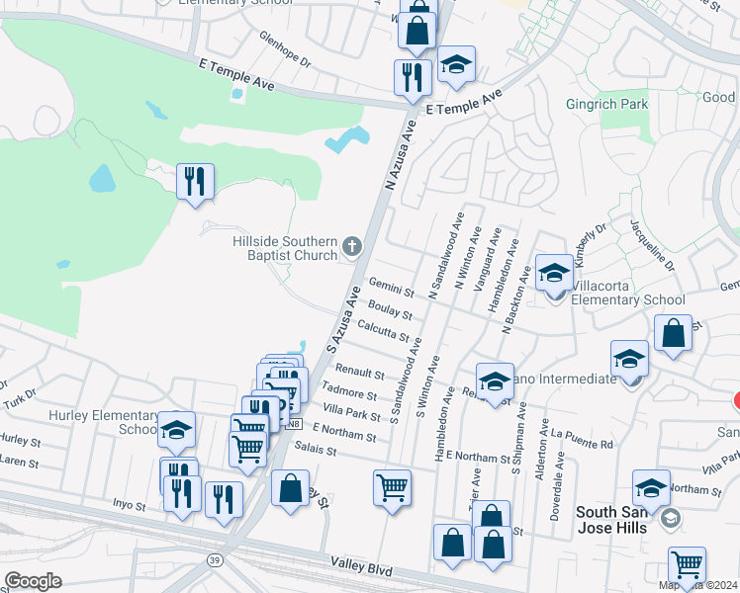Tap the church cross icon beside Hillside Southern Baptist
tap(352, 245)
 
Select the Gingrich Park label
tap(605, 103)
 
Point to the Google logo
tap(33, 581)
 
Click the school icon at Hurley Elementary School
tap(176, 430)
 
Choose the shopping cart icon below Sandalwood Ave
tap(392, 486)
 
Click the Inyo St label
tap(129, 504)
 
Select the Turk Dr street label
tap(18, 393)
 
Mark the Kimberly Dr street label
tap(592, 244)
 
